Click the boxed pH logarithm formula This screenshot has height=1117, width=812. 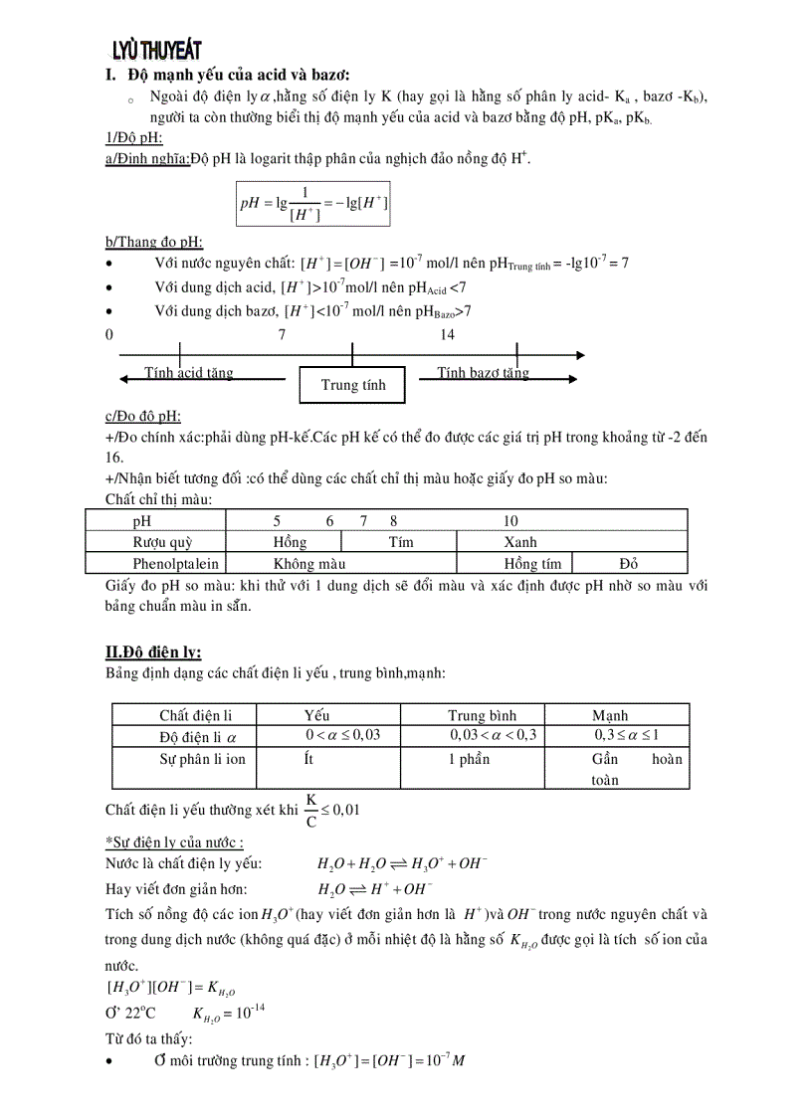313,204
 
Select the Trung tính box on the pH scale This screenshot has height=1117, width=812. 352,385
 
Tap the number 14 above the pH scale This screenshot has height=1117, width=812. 447,335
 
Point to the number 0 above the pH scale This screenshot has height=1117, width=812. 109,335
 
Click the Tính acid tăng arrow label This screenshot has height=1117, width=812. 189,373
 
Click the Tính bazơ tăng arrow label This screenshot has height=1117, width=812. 484,373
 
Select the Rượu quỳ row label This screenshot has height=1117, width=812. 162,542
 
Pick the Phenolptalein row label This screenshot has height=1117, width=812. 162,564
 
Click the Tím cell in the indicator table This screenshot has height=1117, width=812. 400,542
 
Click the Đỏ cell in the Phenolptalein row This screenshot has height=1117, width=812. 629,564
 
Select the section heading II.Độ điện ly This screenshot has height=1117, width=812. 153,652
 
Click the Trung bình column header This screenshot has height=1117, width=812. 482,715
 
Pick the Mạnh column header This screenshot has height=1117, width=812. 610,715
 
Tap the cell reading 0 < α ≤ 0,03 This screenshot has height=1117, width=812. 342,735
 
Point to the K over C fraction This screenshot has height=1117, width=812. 311,810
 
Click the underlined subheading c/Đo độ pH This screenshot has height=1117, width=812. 142,417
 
